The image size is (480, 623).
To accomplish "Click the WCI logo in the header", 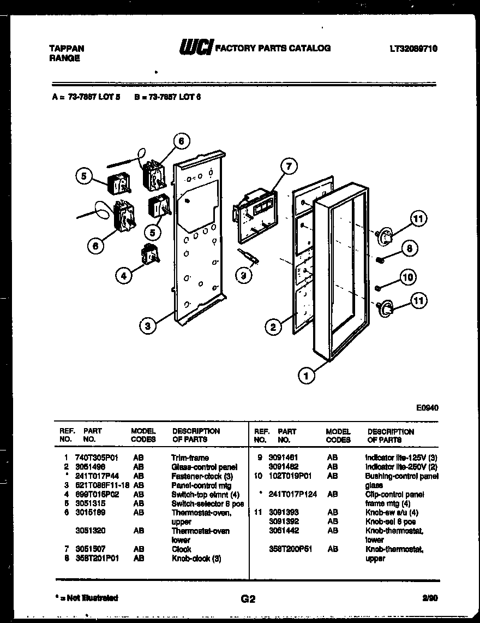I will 195,48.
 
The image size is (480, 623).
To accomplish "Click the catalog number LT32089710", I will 413,49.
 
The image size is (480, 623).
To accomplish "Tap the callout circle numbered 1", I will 307,375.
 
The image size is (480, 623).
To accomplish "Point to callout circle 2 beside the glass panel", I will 273,327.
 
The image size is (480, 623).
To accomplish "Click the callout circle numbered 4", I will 124,276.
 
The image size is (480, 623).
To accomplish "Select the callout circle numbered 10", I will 407,277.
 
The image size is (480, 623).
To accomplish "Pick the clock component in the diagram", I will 254,215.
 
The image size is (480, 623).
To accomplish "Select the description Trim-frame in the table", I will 189,458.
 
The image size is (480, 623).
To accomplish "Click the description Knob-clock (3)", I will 196,559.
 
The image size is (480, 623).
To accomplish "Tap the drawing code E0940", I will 427,407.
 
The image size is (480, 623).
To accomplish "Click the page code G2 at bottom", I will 248,599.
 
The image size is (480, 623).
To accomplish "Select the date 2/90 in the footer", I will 429,598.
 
